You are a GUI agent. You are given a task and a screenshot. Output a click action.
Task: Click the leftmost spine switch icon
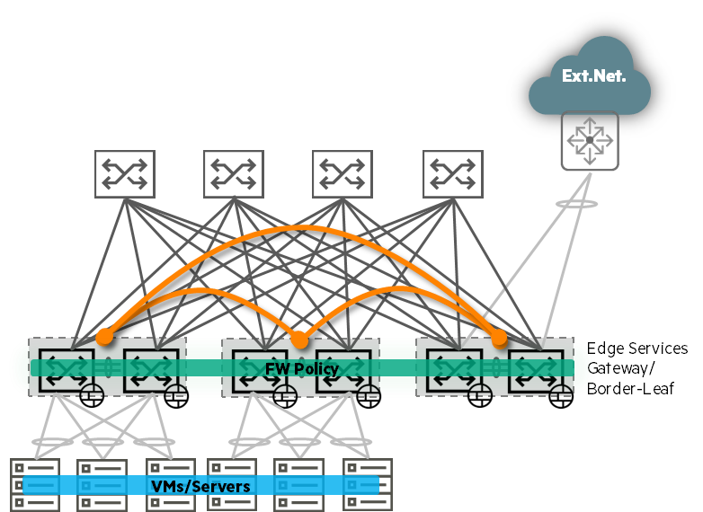[x=125, y=174]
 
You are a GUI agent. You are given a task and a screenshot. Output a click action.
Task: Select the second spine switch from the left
[x=234, y=174]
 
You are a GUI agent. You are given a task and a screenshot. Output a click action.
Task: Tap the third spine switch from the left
[x=343, y=174]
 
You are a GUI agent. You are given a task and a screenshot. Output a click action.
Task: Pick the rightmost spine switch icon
[x=453, y=174]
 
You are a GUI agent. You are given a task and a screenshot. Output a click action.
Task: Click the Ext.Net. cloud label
[x=593, y=76]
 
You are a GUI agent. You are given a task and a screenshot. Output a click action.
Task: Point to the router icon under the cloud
[x=590, y=141]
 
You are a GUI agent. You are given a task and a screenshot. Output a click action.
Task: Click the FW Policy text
[x=302, y=369]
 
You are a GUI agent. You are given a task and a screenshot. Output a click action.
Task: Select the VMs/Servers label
[x=200, y=486]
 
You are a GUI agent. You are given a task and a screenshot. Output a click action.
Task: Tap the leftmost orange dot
[x=104, y=337]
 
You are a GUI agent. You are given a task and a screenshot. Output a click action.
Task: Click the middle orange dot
[x=299, y=340]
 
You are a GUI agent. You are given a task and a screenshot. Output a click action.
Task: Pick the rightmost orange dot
[x=499, y=338]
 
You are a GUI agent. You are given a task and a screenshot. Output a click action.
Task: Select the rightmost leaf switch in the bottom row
[x=538, y=368]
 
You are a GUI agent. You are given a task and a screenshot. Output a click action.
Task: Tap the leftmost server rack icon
[x=35, y=485]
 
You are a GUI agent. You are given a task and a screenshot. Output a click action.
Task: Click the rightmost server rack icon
[x=368, y=485]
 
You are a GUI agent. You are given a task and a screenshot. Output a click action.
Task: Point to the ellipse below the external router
[x=576, y=204]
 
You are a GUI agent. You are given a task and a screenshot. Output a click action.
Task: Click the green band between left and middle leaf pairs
[x=204, y=368]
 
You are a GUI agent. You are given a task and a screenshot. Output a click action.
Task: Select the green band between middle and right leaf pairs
[x=397, y=368]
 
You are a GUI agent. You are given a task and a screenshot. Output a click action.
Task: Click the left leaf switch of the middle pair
[x=261, y=368]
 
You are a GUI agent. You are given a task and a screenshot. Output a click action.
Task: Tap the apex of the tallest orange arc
[x=301, y=228]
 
